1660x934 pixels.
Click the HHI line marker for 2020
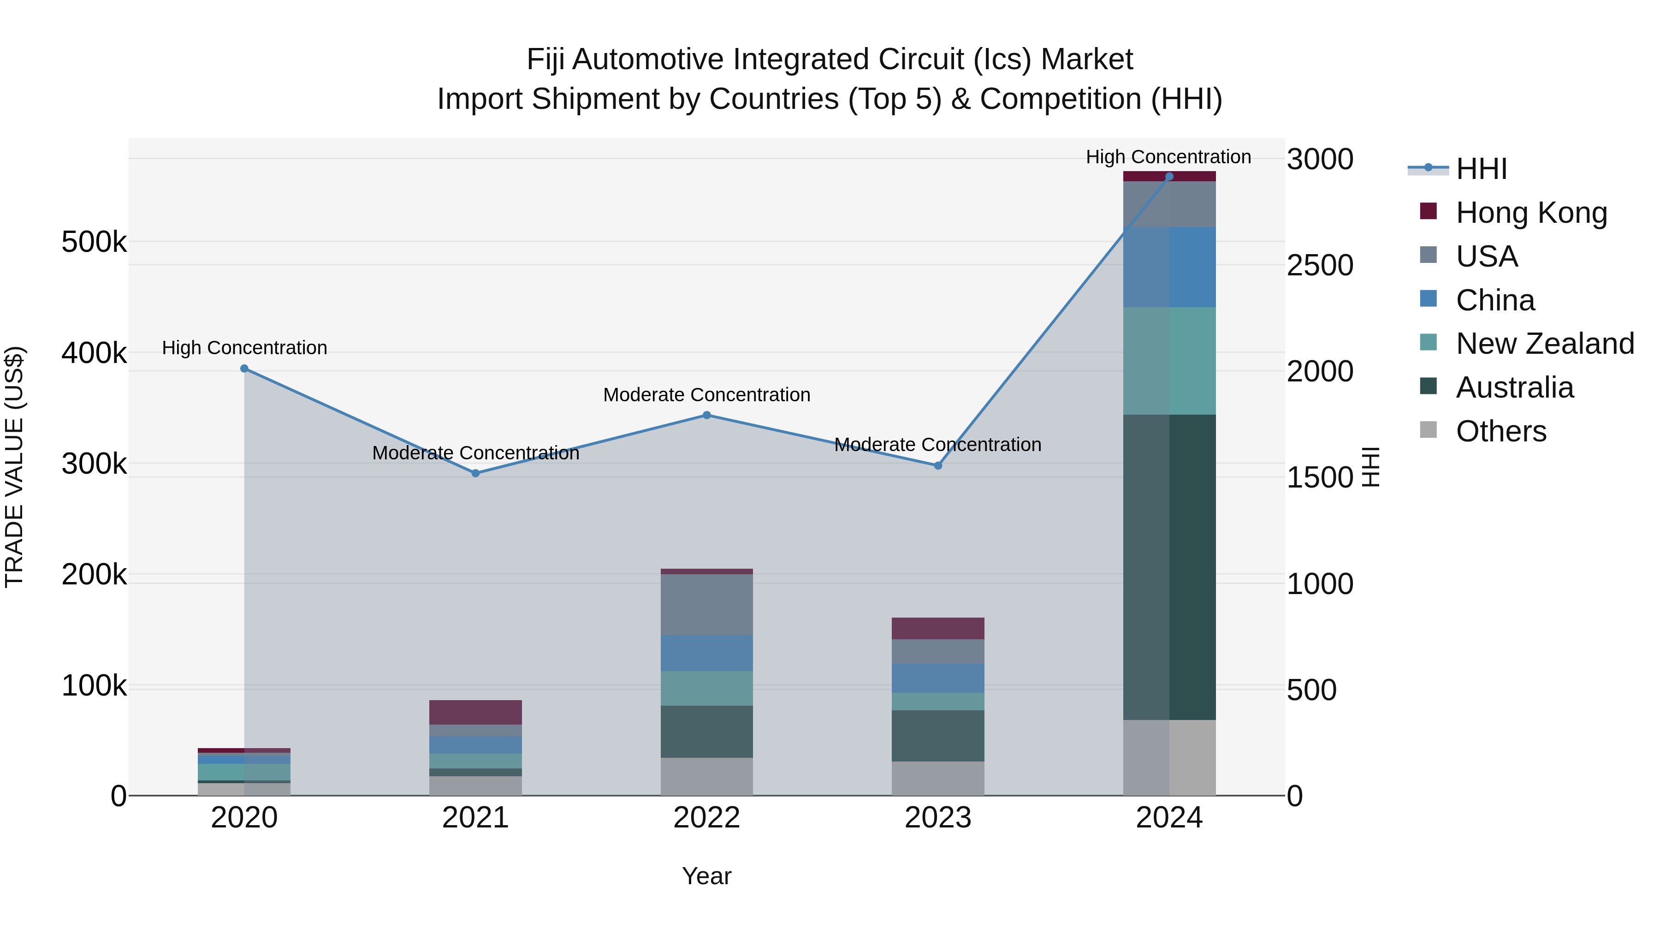coord(244,369)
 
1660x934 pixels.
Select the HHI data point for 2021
coord(475,473)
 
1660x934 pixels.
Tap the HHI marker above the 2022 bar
coord(707,415)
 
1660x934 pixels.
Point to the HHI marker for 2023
coord(938,465)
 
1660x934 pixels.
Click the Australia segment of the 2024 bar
coord(1169,567)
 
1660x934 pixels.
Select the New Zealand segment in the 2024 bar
coord(1169,361)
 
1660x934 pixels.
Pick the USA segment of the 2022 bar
coord(707,605)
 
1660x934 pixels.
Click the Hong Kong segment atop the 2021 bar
coord(475,712)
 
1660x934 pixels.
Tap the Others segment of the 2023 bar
coord(938,778)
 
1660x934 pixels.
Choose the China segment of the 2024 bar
coord(1169,267)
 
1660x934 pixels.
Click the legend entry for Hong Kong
coord(1530,213)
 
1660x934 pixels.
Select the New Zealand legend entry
coord(1544,344)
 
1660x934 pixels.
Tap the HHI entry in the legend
coord(1481,169)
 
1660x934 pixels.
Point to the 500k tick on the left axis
coord(94,242)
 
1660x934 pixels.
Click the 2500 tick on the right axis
coord(1320,266)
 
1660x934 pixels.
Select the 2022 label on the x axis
coord(707,818)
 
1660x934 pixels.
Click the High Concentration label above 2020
coord(244,348)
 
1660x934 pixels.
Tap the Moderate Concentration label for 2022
coord(707,394)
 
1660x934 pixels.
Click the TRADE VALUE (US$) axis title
coord(14,467)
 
